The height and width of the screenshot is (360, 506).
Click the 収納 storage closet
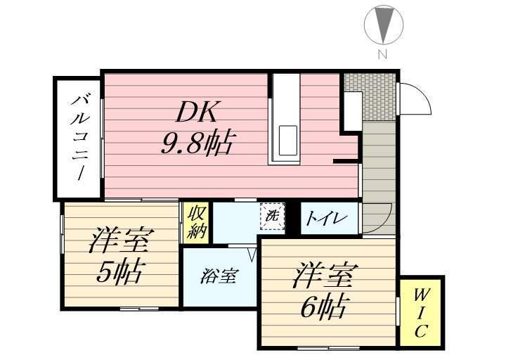pos(197,221)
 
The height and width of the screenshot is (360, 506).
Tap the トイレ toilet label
pos(325,219)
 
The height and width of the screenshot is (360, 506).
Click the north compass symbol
pos(384,25)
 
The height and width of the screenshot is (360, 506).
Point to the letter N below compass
pos(383,55)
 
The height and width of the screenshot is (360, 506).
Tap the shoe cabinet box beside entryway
pos(350,110)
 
